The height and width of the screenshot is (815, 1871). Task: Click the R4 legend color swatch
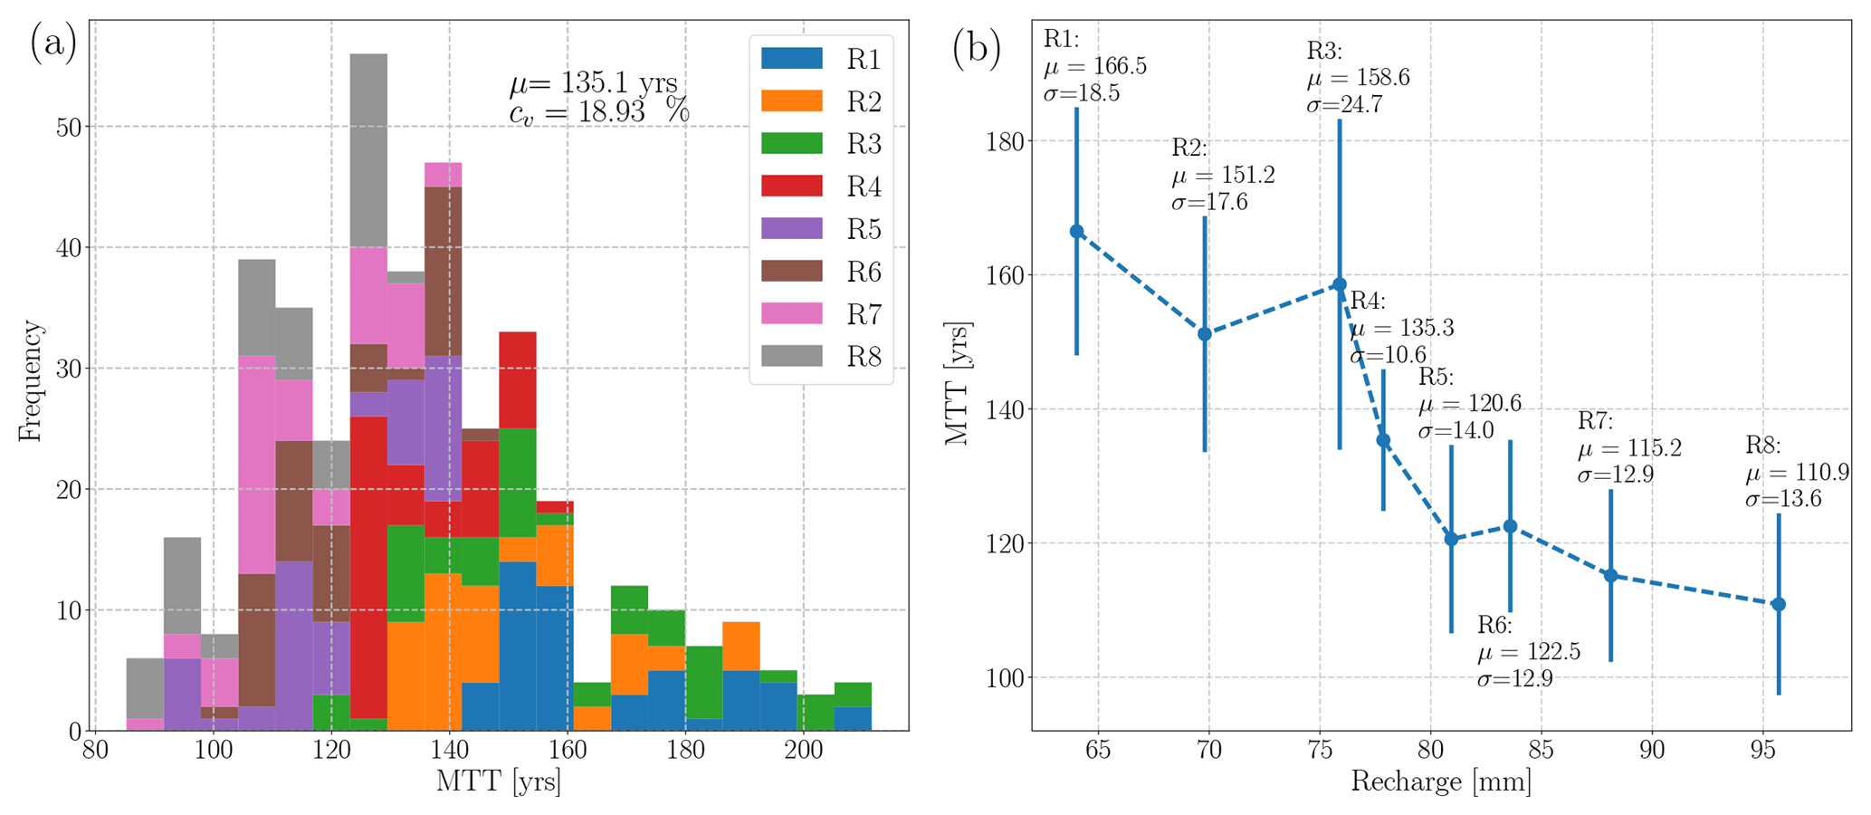[791, 187]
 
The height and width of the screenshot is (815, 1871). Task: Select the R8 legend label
[864, 357]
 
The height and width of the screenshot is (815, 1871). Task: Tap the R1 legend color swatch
[791, 59]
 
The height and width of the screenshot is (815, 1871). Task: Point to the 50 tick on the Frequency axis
[67, 127]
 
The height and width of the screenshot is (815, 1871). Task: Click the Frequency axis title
[30, 380]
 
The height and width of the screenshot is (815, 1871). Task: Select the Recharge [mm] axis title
[1441, 781]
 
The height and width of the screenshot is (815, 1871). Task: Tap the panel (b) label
[976, 50]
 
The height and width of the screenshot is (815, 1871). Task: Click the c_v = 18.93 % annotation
[599, 112]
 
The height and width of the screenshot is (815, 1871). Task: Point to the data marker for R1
[1076, 232]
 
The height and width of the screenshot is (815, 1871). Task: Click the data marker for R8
[1778, 604]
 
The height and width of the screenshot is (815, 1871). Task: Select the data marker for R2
[1205, 334]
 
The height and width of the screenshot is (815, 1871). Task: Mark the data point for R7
[1610, 575]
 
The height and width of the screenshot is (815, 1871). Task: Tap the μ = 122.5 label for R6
[1529, 652]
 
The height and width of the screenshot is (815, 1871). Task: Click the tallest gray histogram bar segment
[368, 150]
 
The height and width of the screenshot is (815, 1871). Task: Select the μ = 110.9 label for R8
[1797, 472]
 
